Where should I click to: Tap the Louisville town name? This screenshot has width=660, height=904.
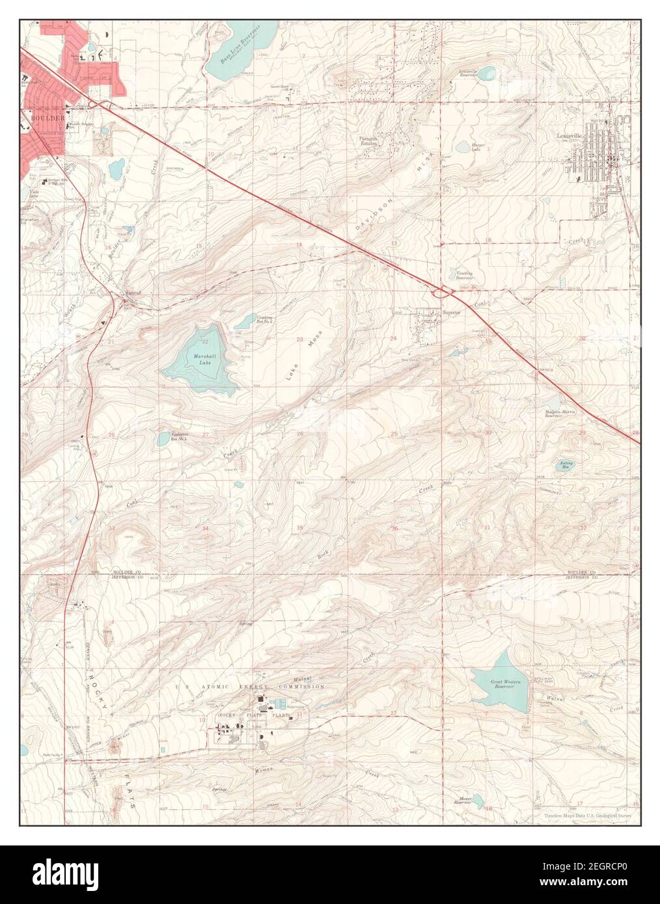[572, 136]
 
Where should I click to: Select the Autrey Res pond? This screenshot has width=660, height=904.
[564, 464]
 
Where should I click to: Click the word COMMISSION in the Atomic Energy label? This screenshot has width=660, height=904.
[300, 687]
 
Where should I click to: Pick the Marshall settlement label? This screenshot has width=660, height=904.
[133, 293]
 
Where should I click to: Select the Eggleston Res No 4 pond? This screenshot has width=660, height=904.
[163, 439]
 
